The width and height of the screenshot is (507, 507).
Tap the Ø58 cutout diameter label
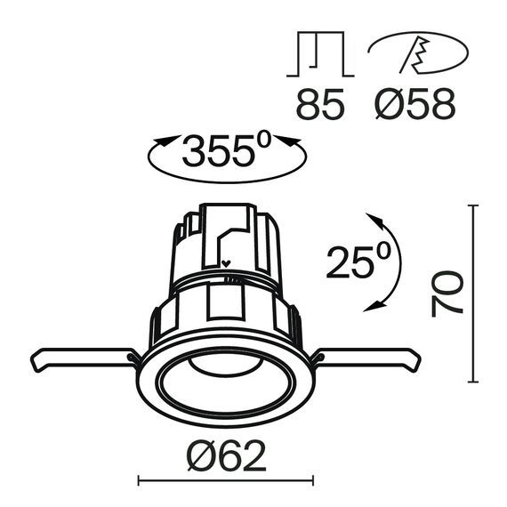(412, 104)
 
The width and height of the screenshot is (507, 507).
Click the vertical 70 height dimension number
(447, 294)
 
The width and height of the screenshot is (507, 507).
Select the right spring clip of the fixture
(369, 358)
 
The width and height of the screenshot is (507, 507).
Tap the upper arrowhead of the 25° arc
(374, 219)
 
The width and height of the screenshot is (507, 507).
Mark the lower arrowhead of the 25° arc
(374, 307)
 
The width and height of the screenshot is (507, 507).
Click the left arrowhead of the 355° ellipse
(162, 141)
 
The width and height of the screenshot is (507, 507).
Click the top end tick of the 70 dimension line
(472, 206)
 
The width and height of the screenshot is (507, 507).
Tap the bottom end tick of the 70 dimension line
(472, 381)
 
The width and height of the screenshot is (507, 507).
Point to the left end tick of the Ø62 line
(139, 482)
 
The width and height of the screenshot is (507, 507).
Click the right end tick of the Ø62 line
(312, 482)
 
